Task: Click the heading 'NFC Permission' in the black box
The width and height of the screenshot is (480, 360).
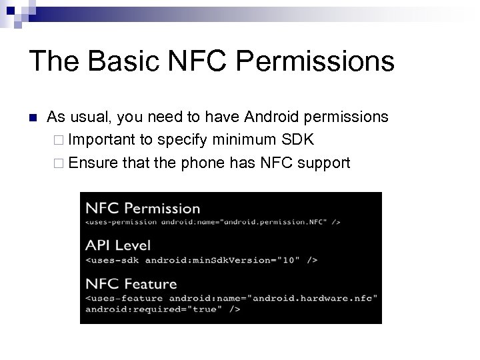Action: click(x=143, y=209)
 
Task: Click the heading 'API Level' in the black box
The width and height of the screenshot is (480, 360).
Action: click(x=118, y=245)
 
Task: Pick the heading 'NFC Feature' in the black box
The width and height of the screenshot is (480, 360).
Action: click(x=131, y=284)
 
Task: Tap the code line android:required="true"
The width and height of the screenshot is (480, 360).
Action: click(x=162, y=309)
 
